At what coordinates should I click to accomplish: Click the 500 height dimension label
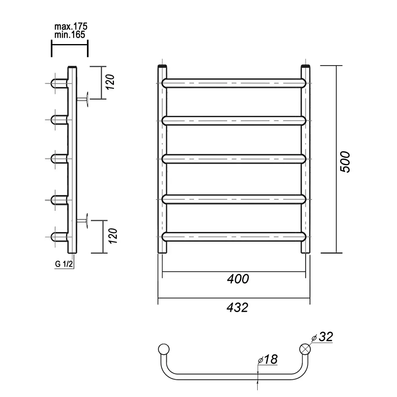coord(345,162)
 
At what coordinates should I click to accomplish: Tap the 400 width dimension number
coord(238,279)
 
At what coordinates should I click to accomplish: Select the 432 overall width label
coord(237,308)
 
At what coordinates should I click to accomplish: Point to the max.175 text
coord(71,26)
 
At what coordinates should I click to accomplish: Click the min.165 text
coord(70,35)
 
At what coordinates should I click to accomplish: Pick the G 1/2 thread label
coord(64,264)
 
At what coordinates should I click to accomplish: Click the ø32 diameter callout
coord(322,337)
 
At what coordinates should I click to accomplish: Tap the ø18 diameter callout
coord(268,359)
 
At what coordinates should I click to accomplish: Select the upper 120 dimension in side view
coord(110,82)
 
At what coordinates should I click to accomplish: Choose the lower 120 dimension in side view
coord(113,236)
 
